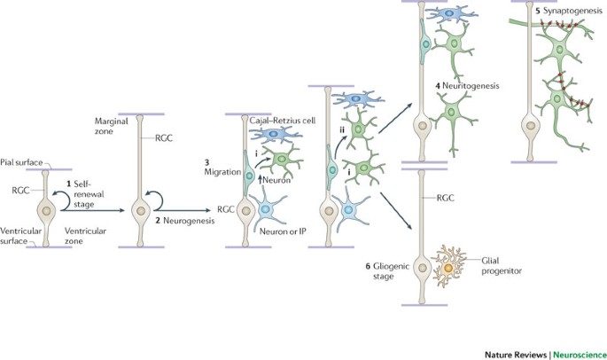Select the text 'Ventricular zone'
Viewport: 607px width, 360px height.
[x=85, y=232]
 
